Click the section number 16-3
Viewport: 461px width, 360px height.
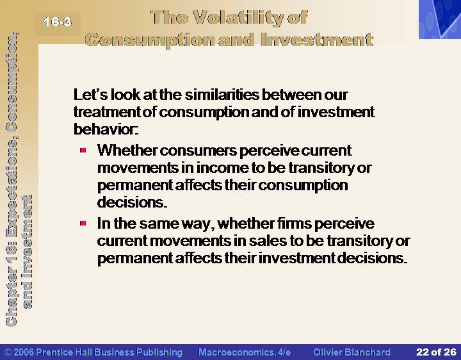point(58,22)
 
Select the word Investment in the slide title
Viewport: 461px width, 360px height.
point(317,40)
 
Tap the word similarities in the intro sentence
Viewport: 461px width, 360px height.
point(222,95)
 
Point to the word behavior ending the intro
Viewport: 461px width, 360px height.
point(106,129)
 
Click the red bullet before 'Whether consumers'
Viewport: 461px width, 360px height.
point(83,151)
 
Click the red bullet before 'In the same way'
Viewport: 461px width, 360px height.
point(83,223)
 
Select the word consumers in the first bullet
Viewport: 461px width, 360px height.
point(198,151)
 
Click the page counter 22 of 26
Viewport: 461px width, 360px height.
point(436,352)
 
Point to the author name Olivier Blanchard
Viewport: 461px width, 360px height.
point(352,352)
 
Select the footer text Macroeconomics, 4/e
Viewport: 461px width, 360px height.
point(245,352)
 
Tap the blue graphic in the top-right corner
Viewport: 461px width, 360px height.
point(440,19)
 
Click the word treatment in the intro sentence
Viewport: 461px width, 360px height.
point(108,112)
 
